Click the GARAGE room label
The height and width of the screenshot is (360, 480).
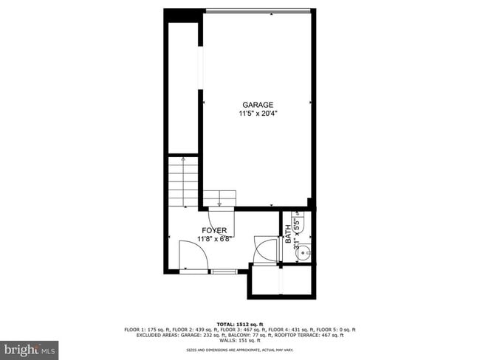(x=256, y=105)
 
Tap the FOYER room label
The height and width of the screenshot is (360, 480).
(x=214, y=230)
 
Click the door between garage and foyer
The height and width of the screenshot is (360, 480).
(x=222, y=219)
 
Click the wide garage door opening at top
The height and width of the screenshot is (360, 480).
(x=257, y=10)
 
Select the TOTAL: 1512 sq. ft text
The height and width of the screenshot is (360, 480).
(x=239, y=324)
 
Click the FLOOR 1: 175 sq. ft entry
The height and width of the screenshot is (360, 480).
(x=148, y=330)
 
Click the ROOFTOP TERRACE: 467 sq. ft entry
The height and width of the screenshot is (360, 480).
(x=314, y=335)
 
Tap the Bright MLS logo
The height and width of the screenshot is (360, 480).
(x=30, y=347)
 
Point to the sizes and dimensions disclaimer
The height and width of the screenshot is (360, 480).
(x=239, y=350)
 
